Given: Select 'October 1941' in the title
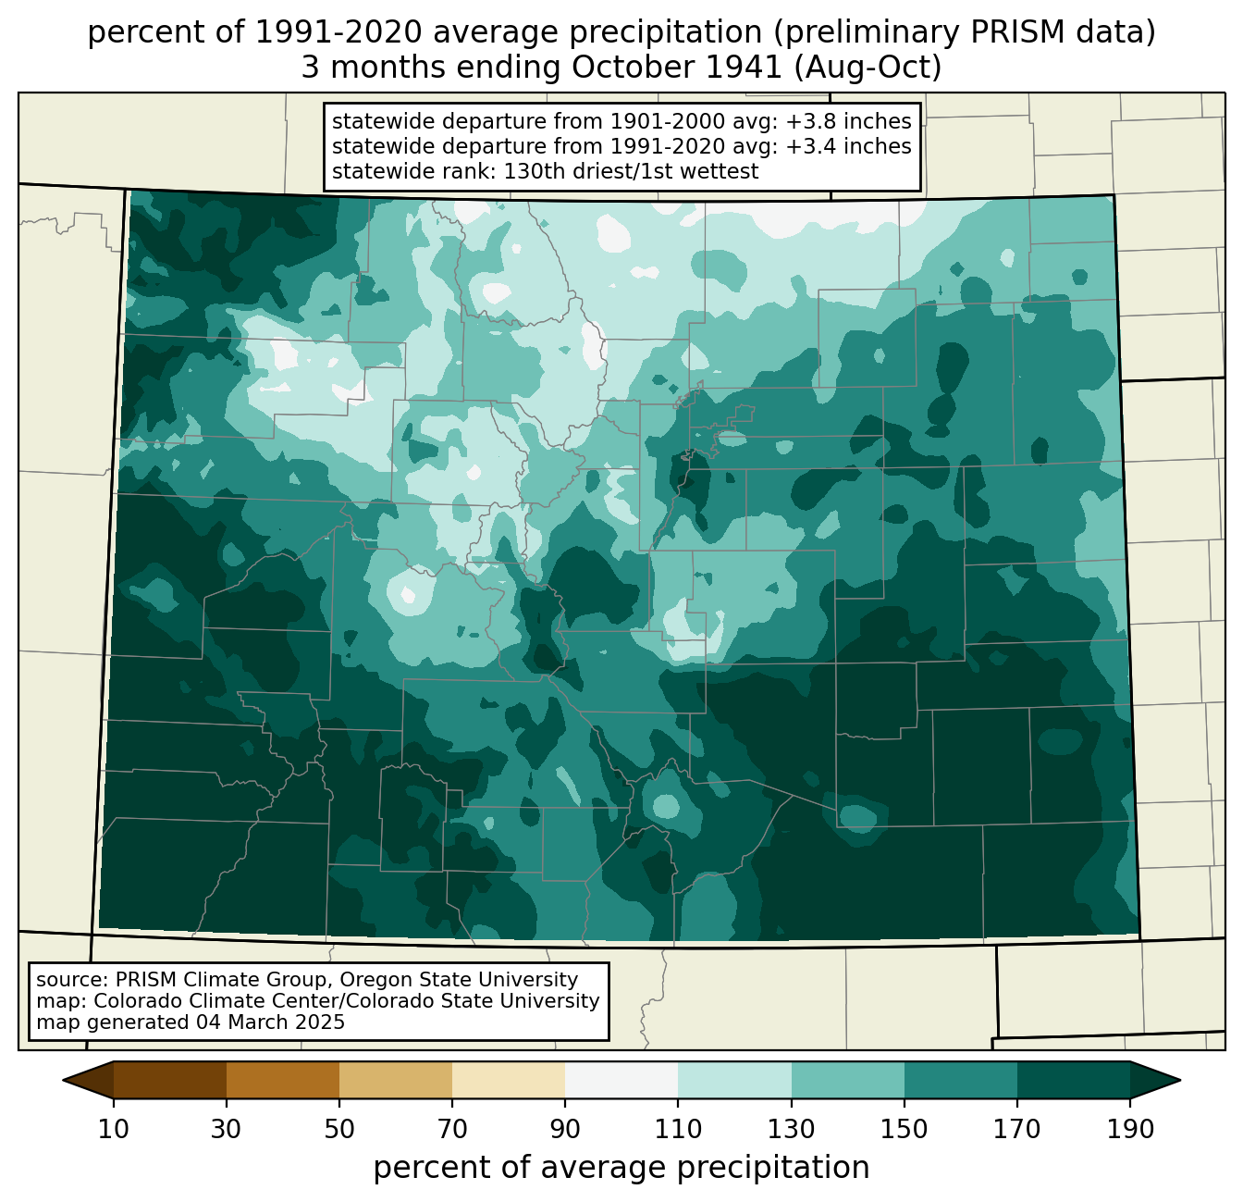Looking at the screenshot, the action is [x=676, y=68].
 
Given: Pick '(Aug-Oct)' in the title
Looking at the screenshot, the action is [x=868, y=68].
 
